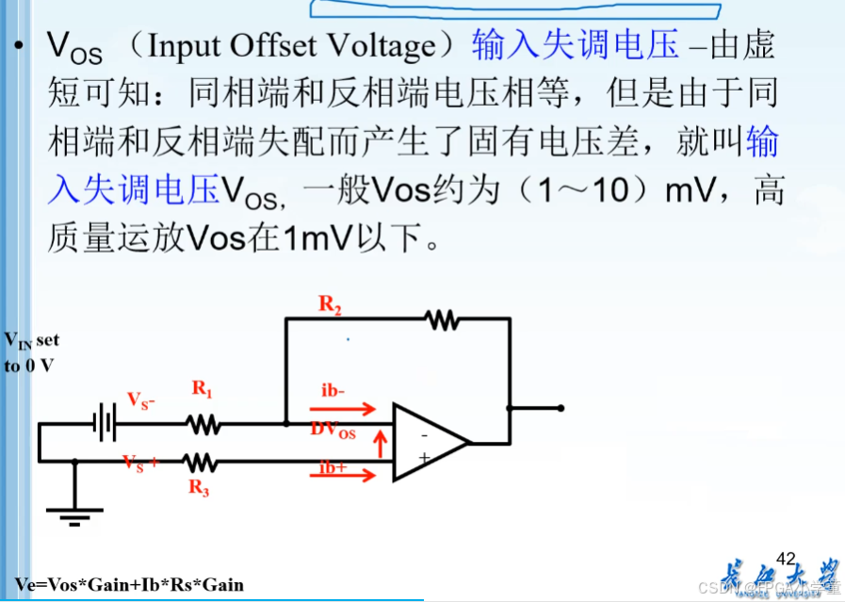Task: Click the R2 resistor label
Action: (x=330, y=303)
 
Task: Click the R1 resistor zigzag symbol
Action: (x=204, y=425)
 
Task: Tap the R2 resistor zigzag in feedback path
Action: (x=442, y=319)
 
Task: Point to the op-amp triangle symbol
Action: (x=429, y=443)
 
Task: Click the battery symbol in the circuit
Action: (x=105, y=424)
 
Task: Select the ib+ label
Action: (x=333, y=466)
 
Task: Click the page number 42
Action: (x=786, y=559)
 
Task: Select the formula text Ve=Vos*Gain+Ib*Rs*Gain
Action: (x=129, y=584)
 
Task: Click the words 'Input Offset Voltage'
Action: (x=293, y=46)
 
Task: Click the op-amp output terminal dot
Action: (x=561, y=408)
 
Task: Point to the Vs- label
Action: (x=141, y=401)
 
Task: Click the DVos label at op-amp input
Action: (x=333, y=431)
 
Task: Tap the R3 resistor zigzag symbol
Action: (x=202, y=462)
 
